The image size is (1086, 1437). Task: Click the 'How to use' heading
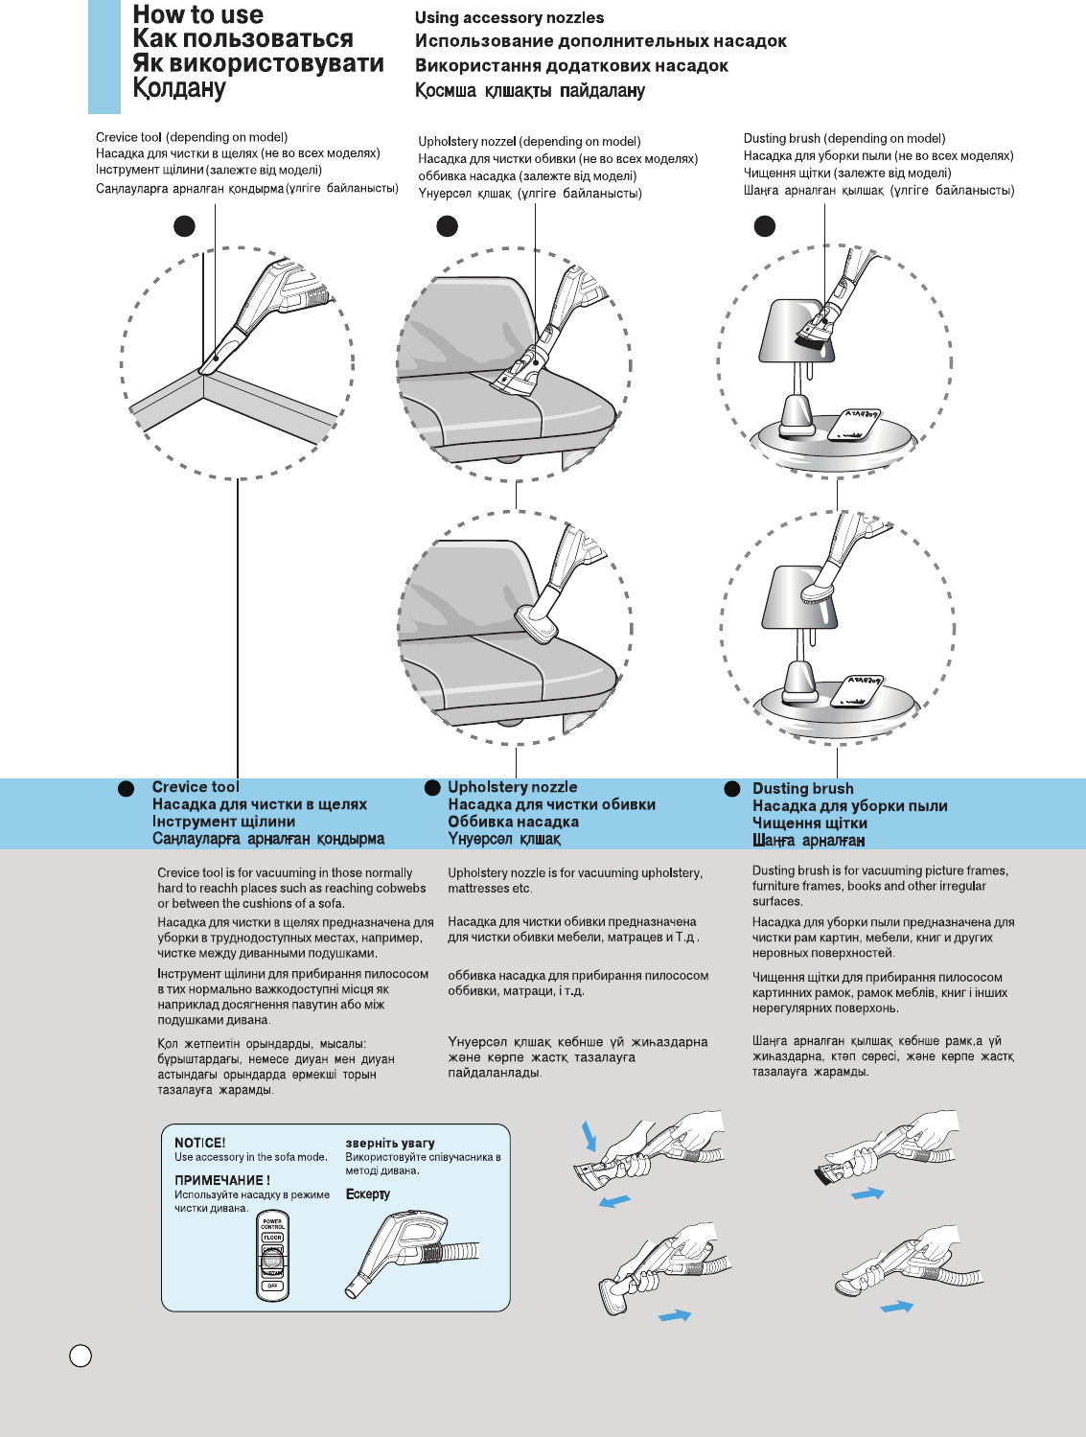pyautogui.click(x=197, y=15)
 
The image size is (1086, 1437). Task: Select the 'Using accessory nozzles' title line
pyautogui.click(x=509, y=17)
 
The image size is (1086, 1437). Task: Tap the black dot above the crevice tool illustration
pyautogui.click(x=184, y=226)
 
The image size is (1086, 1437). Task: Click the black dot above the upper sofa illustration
pyautogui.click(x=447, y=226)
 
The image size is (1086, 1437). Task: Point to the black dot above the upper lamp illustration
pyautogui.click(x=764, y=226)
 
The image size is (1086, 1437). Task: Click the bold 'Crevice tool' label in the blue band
pyautogui.click(x=196, y=787)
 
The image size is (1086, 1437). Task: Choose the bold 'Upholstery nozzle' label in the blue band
pyautogui.click(x=512, y=787)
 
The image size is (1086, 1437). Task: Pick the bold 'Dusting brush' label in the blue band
pyautogui.click(x=802, y=789)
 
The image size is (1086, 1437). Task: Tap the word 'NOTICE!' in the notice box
pyautogui.click(x=199, y=1143)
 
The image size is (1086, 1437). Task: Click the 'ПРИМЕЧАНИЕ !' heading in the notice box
pyautogui.click(x=221, y=1180)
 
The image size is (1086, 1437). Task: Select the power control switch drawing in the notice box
pyautogui.click(x=273, y=1255)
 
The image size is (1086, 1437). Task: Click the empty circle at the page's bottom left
pyautogui.click(x=81, y=1355)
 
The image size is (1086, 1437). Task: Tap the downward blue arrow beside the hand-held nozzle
pyautogui.click(x=589, y=1136)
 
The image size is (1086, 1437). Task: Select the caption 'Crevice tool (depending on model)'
pyautogui.click(x=192, y=137)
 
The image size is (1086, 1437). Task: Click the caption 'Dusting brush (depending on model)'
pyautogui.click(x=843, y=138)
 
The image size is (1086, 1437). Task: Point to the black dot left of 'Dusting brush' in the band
pyautogui.click(x=732, y=789)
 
